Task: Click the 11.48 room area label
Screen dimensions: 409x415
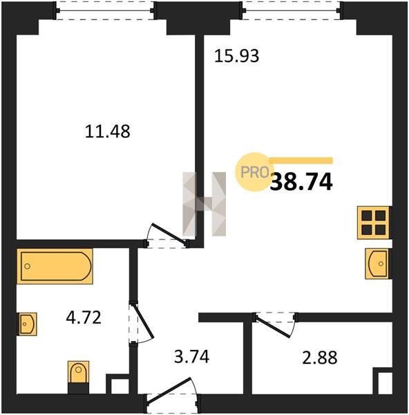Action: (x=107, y=131)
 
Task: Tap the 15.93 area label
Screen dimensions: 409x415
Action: (x=236, y=56)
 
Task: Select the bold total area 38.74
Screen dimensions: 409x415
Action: (x=301, y=182)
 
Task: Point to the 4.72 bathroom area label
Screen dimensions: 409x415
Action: (x=84, y=317)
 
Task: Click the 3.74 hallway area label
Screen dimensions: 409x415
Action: (x=192, y=356)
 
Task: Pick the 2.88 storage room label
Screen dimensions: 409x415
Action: (x=320, y=358)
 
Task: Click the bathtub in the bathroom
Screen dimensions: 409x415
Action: (x=55, y=266)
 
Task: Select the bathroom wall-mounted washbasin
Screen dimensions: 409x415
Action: (x=27, y=324)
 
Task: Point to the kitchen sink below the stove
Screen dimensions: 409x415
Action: (x=379, y=264)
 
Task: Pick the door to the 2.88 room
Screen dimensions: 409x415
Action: (x=275, y=324)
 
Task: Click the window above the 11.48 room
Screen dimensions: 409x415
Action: (x=105, y=10)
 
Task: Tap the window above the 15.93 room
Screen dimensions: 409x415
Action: (x=292, y=10)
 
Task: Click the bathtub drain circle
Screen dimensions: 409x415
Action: (x=27, y=266)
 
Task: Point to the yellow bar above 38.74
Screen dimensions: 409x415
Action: (x=301, y=160)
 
